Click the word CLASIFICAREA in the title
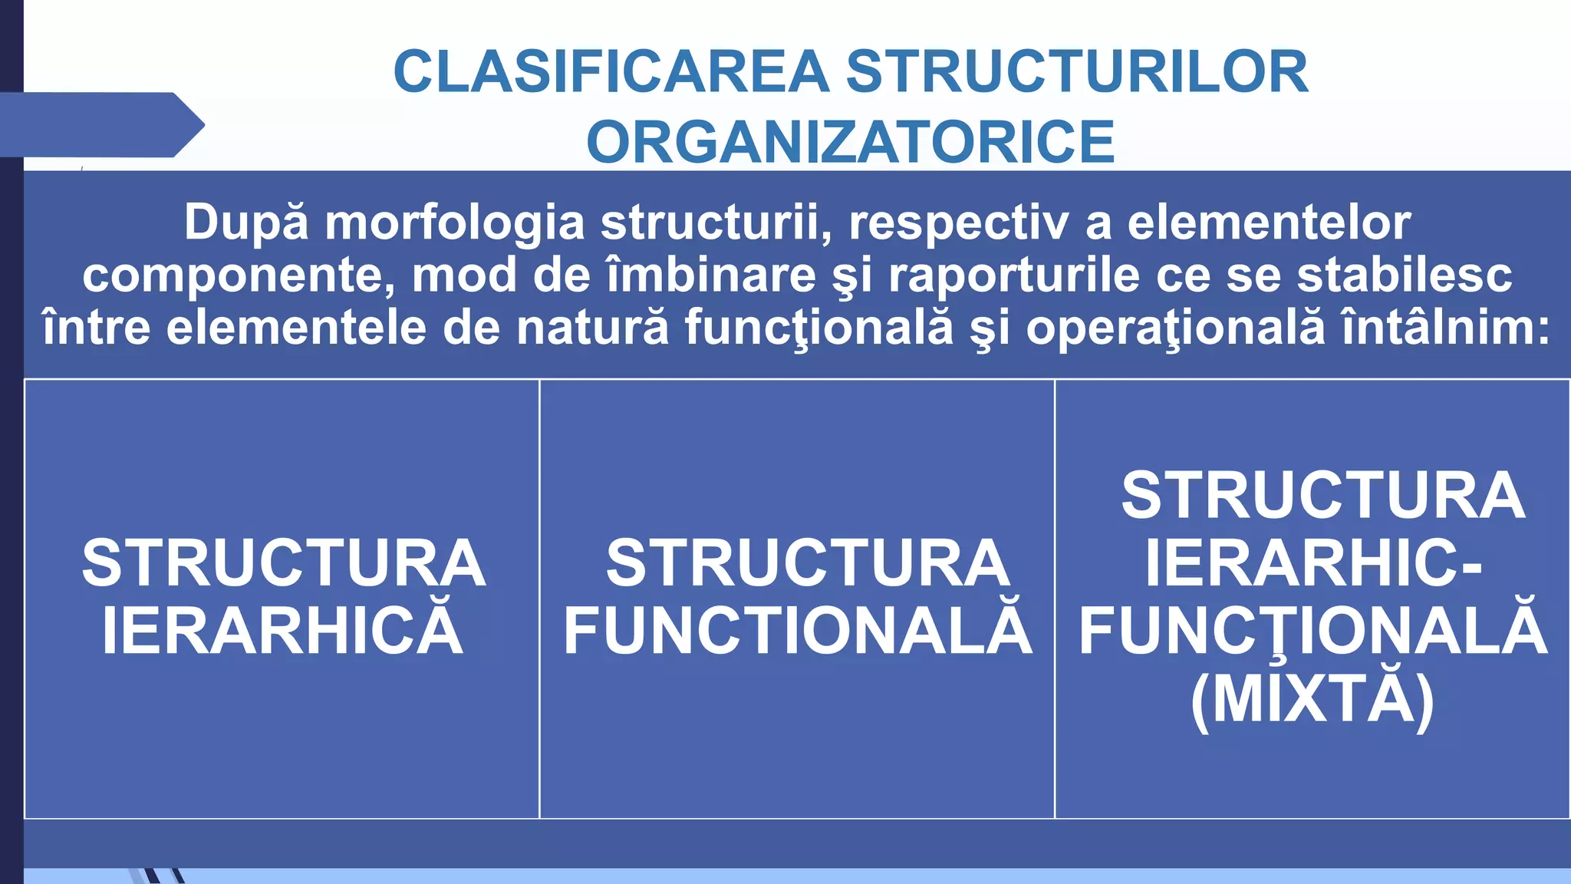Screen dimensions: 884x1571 [x=611, y=72]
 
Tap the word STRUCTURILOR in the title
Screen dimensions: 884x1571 [x=1077, y=72]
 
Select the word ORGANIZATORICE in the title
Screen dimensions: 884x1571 [x=850, y=143]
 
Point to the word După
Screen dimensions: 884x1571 [x=246, y=223]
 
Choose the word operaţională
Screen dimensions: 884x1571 [x=1175, y=328]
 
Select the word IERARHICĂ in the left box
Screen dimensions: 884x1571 [x=282, y=631]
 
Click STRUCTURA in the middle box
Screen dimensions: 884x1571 [x=808, y=563]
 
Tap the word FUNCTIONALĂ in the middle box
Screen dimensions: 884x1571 [x=798, y=631]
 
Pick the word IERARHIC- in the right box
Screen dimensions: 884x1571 [x=1313, y=563]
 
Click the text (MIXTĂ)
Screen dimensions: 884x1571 [x=1312, y=700]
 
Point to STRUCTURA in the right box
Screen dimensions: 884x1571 [x=1323, y=496]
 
